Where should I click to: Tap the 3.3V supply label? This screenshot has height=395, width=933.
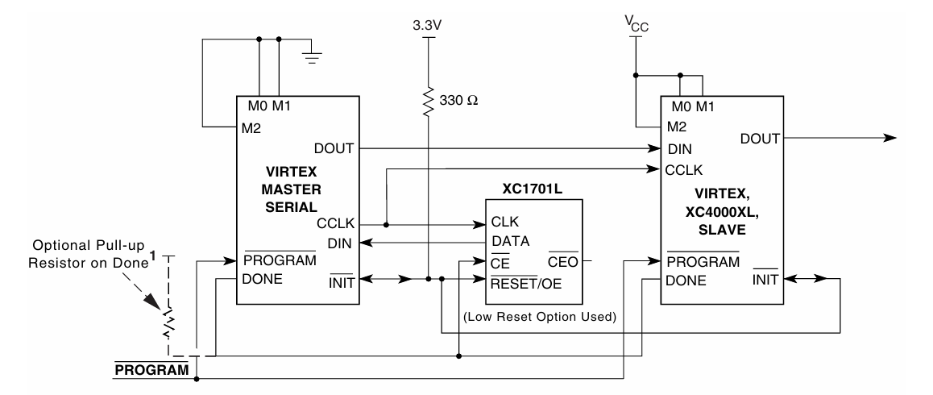pyautogui.click(x=428, y=26)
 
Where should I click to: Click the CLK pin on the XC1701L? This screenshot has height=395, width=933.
pyautogui.click(x=505, y=221)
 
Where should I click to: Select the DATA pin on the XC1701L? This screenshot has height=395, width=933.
pyautogui.click(x=510, y=240)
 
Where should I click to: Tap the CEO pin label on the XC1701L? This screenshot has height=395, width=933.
pyautogui.click(x=562, y=261)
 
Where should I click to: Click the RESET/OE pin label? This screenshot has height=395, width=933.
pyautogui.click(x=525, y=281)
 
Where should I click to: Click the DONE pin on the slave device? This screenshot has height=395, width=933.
pyautogui.click(x=686, y=281)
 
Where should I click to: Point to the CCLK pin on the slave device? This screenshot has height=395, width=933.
pyautogui.click(x=683, y=170)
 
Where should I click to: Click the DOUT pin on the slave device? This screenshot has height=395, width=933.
pyautogui.click(x=759, y=139)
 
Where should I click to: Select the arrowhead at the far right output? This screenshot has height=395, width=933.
pyautogui.click(x=889, y=138)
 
